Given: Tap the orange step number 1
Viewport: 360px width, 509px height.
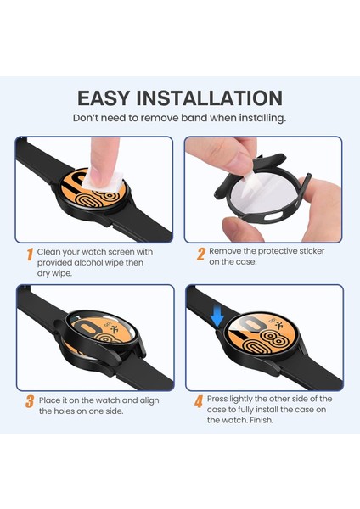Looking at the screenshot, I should tap(29, 254).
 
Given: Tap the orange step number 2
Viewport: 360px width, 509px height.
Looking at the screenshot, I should tap(201, 254).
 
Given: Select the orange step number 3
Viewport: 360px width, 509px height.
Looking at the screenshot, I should tap(29, 402).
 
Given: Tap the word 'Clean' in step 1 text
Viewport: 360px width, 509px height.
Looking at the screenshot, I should tap(53, 252).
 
